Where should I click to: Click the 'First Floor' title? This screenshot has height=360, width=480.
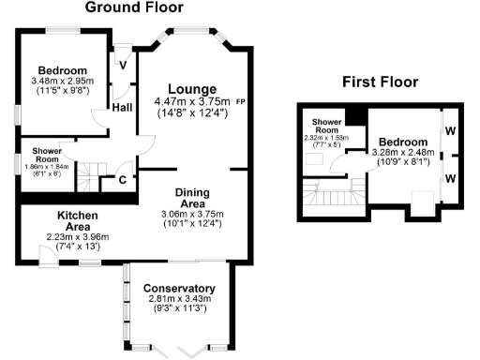click(x=380, y=82)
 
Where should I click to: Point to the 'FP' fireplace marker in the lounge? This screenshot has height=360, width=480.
click(x=241, y=101)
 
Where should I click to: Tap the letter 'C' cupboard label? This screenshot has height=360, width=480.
click(x=123, y=180)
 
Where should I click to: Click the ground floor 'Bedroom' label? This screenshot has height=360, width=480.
click(x=62, y=70)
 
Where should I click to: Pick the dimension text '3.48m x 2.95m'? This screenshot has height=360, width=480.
click(x=62, y=82)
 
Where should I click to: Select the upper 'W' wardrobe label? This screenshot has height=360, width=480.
click(x=450, y=132)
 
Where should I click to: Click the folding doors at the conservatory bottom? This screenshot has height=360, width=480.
click(x=192, y=350)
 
